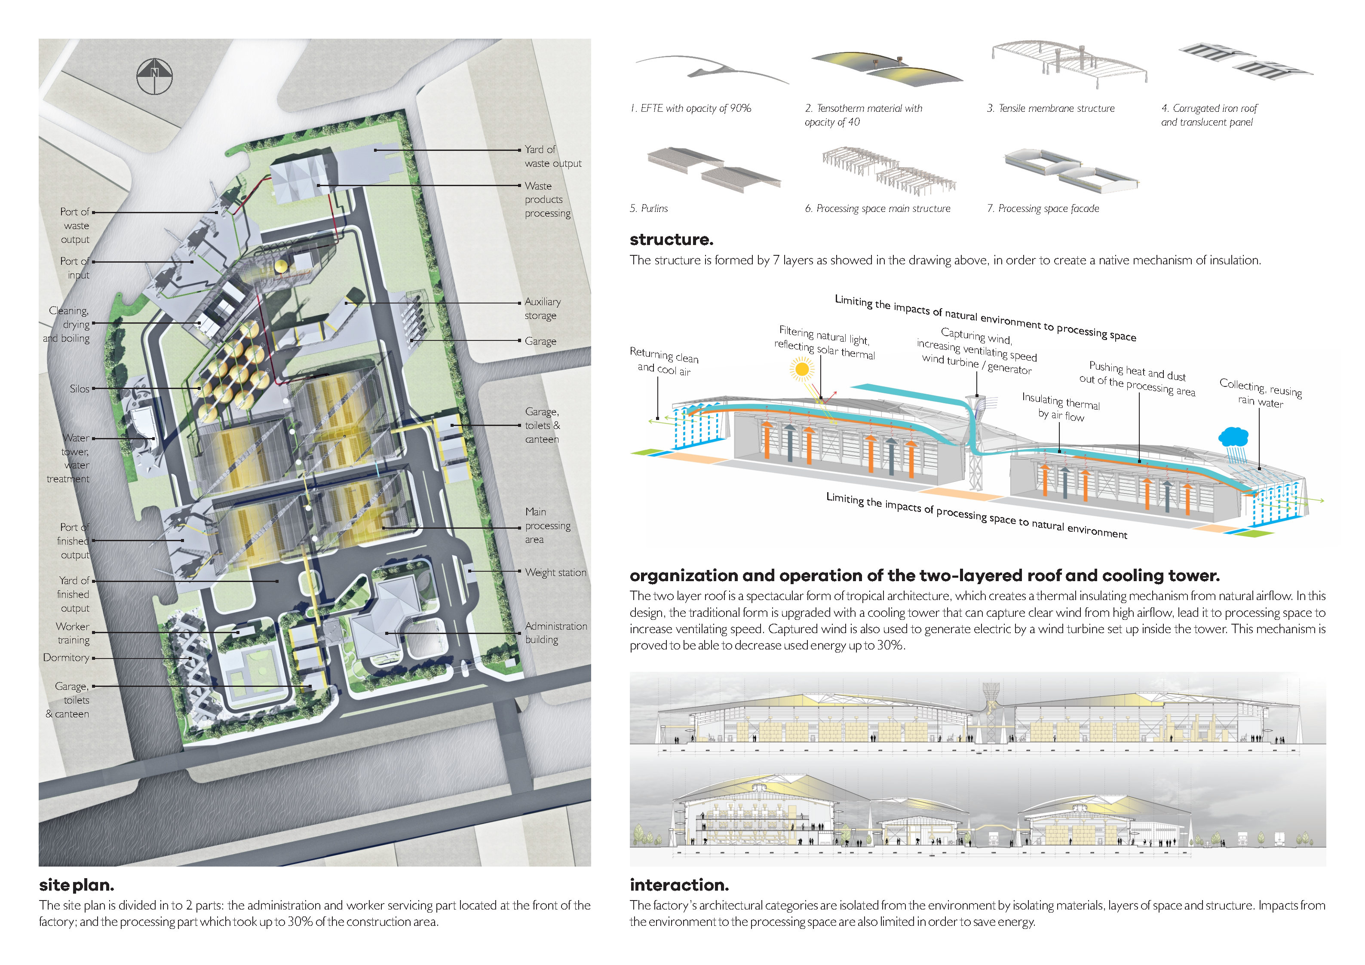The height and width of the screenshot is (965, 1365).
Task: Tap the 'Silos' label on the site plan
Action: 79,389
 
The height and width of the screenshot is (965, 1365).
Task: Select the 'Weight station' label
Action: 555,572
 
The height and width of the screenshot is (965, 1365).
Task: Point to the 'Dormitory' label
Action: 66,658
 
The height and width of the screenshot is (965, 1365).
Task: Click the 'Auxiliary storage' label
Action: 542,309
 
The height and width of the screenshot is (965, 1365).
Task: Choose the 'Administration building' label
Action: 555,633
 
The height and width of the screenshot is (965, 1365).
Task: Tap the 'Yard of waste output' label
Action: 552,156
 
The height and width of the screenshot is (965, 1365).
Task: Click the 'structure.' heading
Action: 671,239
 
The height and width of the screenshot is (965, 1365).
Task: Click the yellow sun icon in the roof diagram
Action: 801,369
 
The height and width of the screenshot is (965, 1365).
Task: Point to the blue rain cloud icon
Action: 1233,437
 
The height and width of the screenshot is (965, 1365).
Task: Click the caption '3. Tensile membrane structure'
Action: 1050,108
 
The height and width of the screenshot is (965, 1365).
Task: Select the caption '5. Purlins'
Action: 649,209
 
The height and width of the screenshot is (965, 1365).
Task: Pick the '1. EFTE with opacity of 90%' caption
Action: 691,108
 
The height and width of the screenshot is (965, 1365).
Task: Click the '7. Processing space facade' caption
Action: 1043,209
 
